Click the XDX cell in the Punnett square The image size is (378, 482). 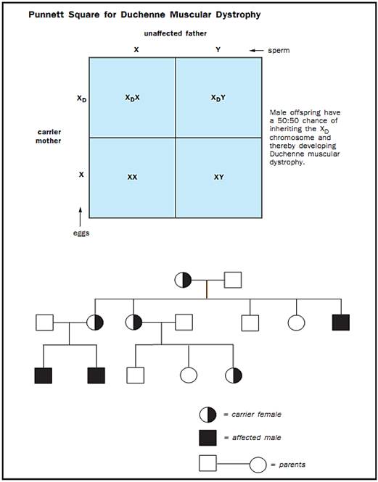pyautogui.click(x=132, y=97)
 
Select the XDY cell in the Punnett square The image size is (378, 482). pyautogui.click(x=218, y=97)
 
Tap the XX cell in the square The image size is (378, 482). pyautogui.click(x=132, y=178)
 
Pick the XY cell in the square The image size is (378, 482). pyautogui.click(x=218, y=178)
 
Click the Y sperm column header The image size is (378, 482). pyautogui.click(x=218, y=50)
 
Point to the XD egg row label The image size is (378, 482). pyautogui.click(x=81, y=99)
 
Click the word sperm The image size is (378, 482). pyautogui.click(x=279, y=51)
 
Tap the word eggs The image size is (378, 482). pyautogui.click(x=81, y=233)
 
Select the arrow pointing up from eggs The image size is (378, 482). pyautogui.click(x=81, y=217)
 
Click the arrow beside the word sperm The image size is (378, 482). pyautogui.click(x=256, y=51)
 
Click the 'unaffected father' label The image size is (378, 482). pyautogui.click(x=175, y=33)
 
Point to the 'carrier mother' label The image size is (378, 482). pyautogui.click(x=49, y=136)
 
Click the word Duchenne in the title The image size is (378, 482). pyautogui.click(x=137, y=14)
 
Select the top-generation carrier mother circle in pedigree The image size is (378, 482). pyautogui.click(x=183, y=280)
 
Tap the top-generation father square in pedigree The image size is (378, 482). pyautogui.click(x=233, y=280)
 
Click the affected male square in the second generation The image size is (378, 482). pyautogui.click(x=341, y=323)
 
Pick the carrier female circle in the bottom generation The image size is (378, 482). pyautogui.click(x=234, y=375)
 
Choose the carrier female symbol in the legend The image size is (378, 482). pyautogui.click(x=208, y=415)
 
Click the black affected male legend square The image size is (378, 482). pyautogui.click(x=208, y=438)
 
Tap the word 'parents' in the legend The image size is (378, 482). pyautogui.click(x=292, y=465)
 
